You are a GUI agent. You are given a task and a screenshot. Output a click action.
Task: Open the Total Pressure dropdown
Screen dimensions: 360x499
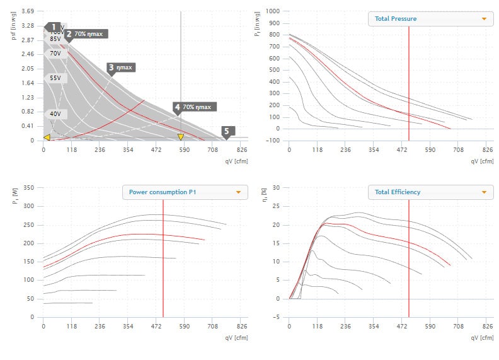[430, 19]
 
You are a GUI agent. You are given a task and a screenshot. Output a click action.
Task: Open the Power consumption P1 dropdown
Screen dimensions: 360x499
[185, 192]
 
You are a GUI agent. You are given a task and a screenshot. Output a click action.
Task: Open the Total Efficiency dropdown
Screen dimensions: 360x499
[430, 192]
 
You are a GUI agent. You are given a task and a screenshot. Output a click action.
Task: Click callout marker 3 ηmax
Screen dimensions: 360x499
[121, 67]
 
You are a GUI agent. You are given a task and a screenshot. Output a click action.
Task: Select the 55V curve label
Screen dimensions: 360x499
[55, 78]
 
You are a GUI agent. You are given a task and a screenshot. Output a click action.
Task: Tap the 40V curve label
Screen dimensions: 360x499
[55, 114]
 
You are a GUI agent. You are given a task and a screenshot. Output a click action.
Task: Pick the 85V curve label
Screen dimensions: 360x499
[55, 39]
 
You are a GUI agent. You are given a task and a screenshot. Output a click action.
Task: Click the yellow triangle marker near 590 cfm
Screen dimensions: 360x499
[181, 137]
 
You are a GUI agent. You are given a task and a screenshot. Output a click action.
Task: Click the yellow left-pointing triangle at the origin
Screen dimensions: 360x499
[47, 137]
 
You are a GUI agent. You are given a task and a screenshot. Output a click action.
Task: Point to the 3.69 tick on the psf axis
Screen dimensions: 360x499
[28, 11]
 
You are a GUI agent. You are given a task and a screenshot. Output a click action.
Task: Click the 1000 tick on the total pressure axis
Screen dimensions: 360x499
[272, 11]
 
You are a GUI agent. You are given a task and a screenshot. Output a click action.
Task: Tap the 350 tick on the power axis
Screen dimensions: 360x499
[28, 187]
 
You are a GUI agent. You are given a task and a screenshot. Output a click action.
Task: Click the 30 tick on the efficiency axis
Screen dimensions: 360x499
[276, 187]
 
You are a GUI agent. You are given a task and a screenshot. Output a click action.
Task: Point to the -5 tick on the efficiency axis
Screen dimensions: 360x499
[276, 317]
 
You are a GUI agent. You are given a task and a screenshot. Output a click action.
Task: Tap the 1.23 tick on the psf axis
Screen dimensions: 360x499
[28, 98]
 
